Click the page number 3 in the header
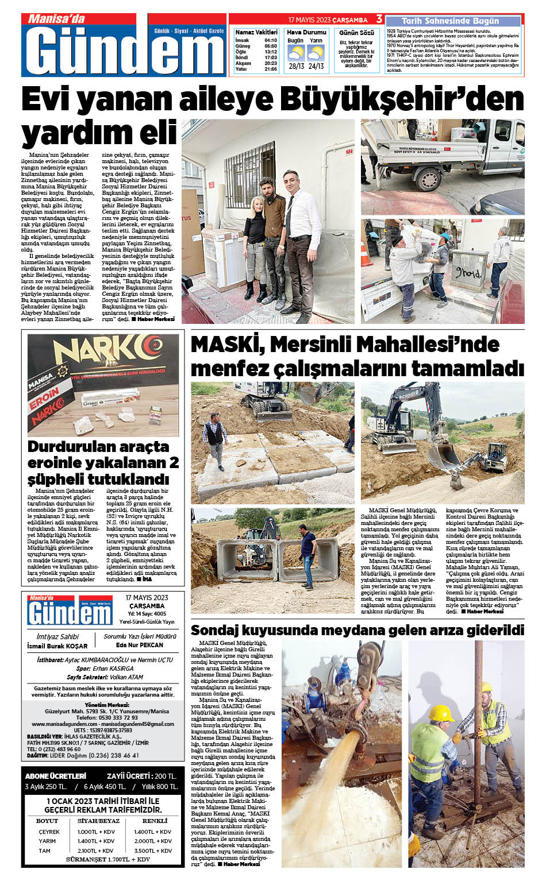(379, 20)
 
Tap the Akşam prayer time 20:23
(271, 63)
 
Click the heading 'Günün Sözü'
(356, 33)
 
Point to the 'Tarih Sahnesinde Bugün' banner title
(450, 21)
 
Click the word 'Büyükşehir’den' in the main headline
(419, 99)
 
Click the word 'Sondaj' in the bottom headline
(216, 630)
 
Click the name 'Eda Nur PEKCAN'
(140, 645)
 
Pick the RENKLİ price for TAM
(153, 851)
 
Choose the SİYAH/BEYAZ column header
(98, 821)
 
